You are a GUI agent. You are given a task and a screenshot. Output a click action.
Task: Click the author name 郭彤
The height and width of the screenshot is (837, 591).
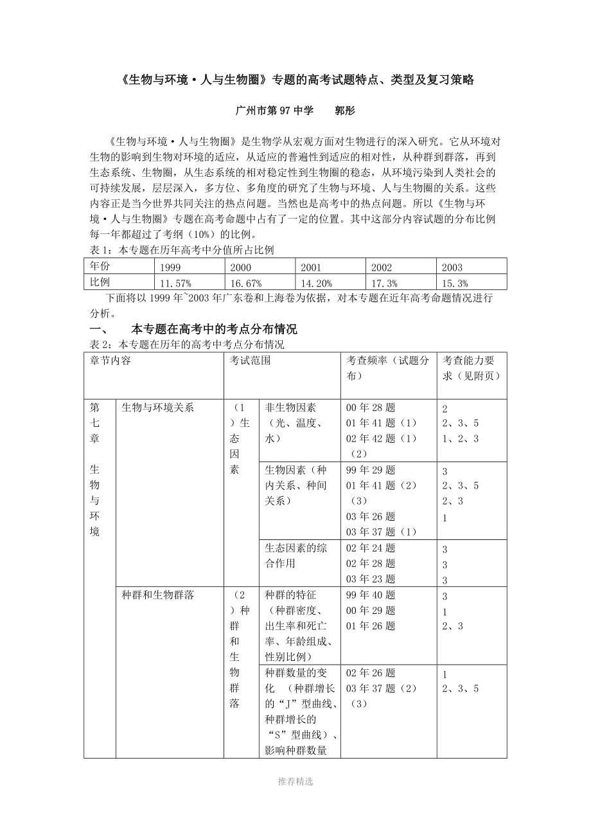[345, 111]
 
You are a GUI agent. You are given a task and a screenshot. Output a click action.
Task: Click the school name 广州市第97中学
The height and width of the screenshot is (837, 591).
[275, 111]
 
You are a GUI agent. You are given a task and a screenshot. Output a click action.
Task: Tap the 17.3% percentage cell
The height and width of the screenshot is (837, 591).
[385, 283]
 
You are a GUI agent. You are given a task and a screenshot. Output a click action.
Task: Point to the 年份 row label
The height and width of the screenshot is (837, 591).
[100, 266]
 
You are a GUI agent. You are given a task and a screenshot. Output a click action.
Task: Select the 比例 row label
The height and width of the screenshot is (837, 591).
[100, 282]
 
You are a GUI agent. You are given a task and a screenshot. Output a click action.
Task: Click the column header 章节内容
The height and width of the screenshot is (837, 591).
[110, 361]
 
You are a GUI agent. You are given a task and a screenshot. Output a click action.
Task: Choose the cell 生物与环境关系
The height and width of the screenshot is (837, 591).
[157, 408]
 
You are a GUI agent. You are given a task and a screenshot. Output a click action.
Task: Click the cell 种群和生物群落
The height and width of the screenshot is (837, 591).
[157, 595]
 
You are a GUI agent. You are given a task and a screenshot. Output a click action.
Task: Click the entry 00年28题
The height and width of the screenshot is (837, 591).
[371, 408]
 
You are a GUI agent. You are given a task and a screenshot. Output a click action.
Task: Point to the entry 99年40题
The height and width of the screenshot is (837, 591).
[371, 595]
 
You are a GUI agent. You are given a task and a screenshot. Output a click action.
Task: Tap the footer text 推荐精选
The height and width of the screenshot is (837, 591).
[295, 782]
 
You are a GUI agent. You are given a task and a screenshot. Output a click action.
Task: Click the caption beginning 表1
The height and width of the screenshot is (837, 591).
[180, 250]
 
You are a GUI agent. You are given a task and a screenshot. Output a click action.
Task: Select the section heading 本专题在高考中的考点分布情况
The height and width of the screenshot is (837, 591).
[214, 330]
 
